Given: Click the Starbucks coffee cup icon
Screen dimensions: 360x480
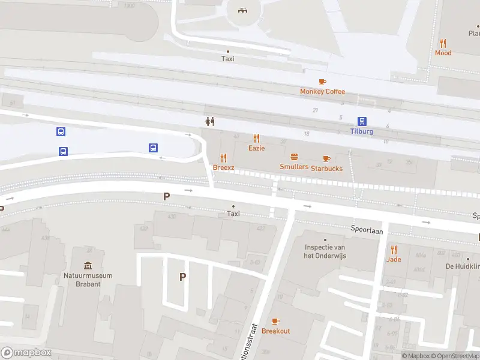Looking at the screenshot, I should [326, 158].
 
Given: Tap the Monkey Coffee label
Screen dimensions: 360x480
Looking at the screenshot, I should [323, 92].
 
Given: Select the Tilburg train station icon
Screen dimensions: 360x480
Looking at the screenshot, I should [362, 121].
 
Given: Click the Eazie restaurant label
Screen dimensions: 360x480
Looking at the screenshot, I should [257, 148].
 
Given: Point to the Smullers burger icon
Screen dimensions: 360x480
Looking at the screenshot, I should [295, 157].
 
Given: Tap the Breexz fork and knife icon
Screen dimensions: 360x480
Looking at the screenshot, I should [224, 158].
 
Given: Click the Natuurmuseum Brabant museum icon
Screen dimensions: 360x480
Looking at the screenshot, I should [88, 266].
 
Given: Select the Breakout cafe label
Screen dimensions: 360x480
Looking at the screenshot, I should [275, 331].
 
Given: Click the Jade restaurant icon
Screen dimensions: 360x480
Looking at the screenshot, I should [394, 250].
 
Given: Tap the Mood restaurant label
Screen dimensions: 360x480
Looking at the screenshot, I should [443, 53].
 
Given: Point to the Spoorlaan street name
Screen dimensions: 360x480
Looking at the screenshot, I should [367, 230].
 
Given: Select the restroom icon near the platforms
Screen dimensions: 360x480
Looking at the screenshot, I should [209, 121].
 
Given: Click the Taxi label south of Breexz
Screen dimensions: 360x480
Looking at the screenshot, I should [233, 214].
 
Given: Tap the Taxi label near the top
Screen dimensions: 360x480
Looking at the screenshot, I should [227, 59].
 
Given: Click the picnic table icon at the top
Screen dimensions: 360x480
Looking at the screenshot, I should [242, 10].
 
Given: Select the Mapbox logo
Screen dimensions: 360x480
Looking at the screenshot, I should [26, 353].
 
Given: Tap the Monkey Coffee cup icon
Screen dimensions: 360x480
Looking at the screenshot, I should [322, 82].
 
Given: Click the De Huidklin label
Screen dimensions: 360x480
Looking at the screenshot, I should [462, 266].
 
